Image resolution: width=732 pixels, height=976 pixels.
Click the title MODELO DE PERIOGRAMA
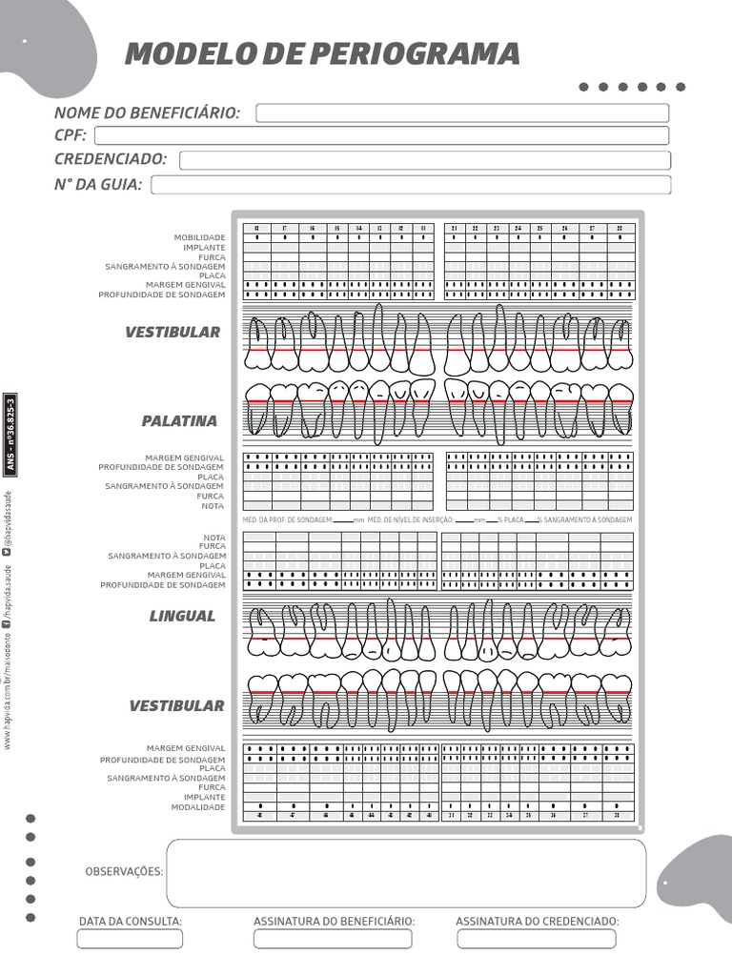click(x=322, y=53)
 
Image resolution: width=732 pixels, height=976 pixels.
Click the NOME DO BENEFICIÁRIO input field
click(x=462, y=113)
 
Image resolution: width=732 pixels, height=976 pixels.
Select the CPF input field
click(x=382, y=135)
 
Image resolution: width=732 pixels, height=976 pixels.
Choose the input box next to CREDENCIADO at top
click(x=424, y=160)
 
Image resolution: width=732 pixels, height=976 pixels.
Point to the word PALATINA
click(x=179, y=420)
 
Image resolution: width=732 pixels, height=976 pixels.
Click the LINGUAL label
click(x=182, y=616)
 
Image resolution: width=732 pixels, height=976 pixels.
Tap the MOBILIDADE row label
click(x=199, y=237)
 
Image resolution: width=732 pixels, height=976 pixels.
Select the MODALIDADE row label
click(x=198, y=807)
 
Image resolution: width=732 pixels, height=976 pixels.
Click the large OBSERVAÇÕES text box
click(x=405, y=873)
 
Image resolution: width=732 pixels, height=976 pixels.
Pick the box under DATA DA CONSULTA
click(x=130, y=939)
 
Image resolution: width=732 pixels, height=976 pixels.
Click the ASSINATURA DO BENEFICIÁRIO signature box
click(x=333, y=939)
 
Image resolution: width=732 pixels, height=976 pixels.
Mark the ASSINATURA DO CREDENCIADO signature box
click(x=537, y=939)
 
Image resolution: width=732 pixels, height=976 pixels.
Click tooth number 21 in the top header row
click(x=455, y=229)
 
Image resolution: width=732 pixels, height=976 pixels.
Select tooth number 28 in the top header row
click(x=620, y=229)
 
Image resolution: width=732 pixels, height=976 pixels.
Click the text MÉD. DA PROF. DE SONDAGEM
click(x=287, y=520)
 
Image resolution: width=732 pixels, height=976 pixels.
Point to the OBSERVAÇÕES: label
click(x=124, y=871)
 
